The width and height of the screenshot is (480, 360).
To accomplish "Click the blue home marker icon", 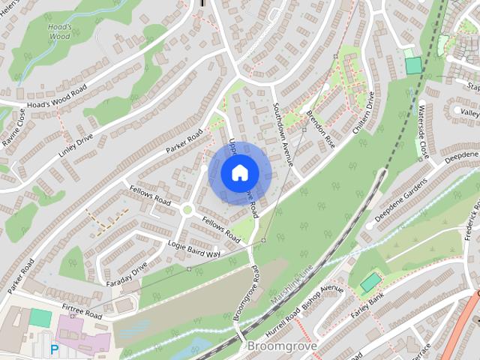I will coord(238,172).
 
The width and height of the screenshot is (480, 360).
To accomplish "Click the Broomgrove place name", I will coord(282,347).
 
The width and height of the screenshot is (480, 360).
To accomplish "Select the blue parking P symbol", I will coord(54,349).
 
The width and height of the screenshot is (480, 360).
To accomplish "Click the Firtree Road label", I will coord(82,311).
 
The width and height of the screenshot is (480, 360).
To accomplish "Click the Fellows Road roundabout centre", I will coord(187,210).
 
